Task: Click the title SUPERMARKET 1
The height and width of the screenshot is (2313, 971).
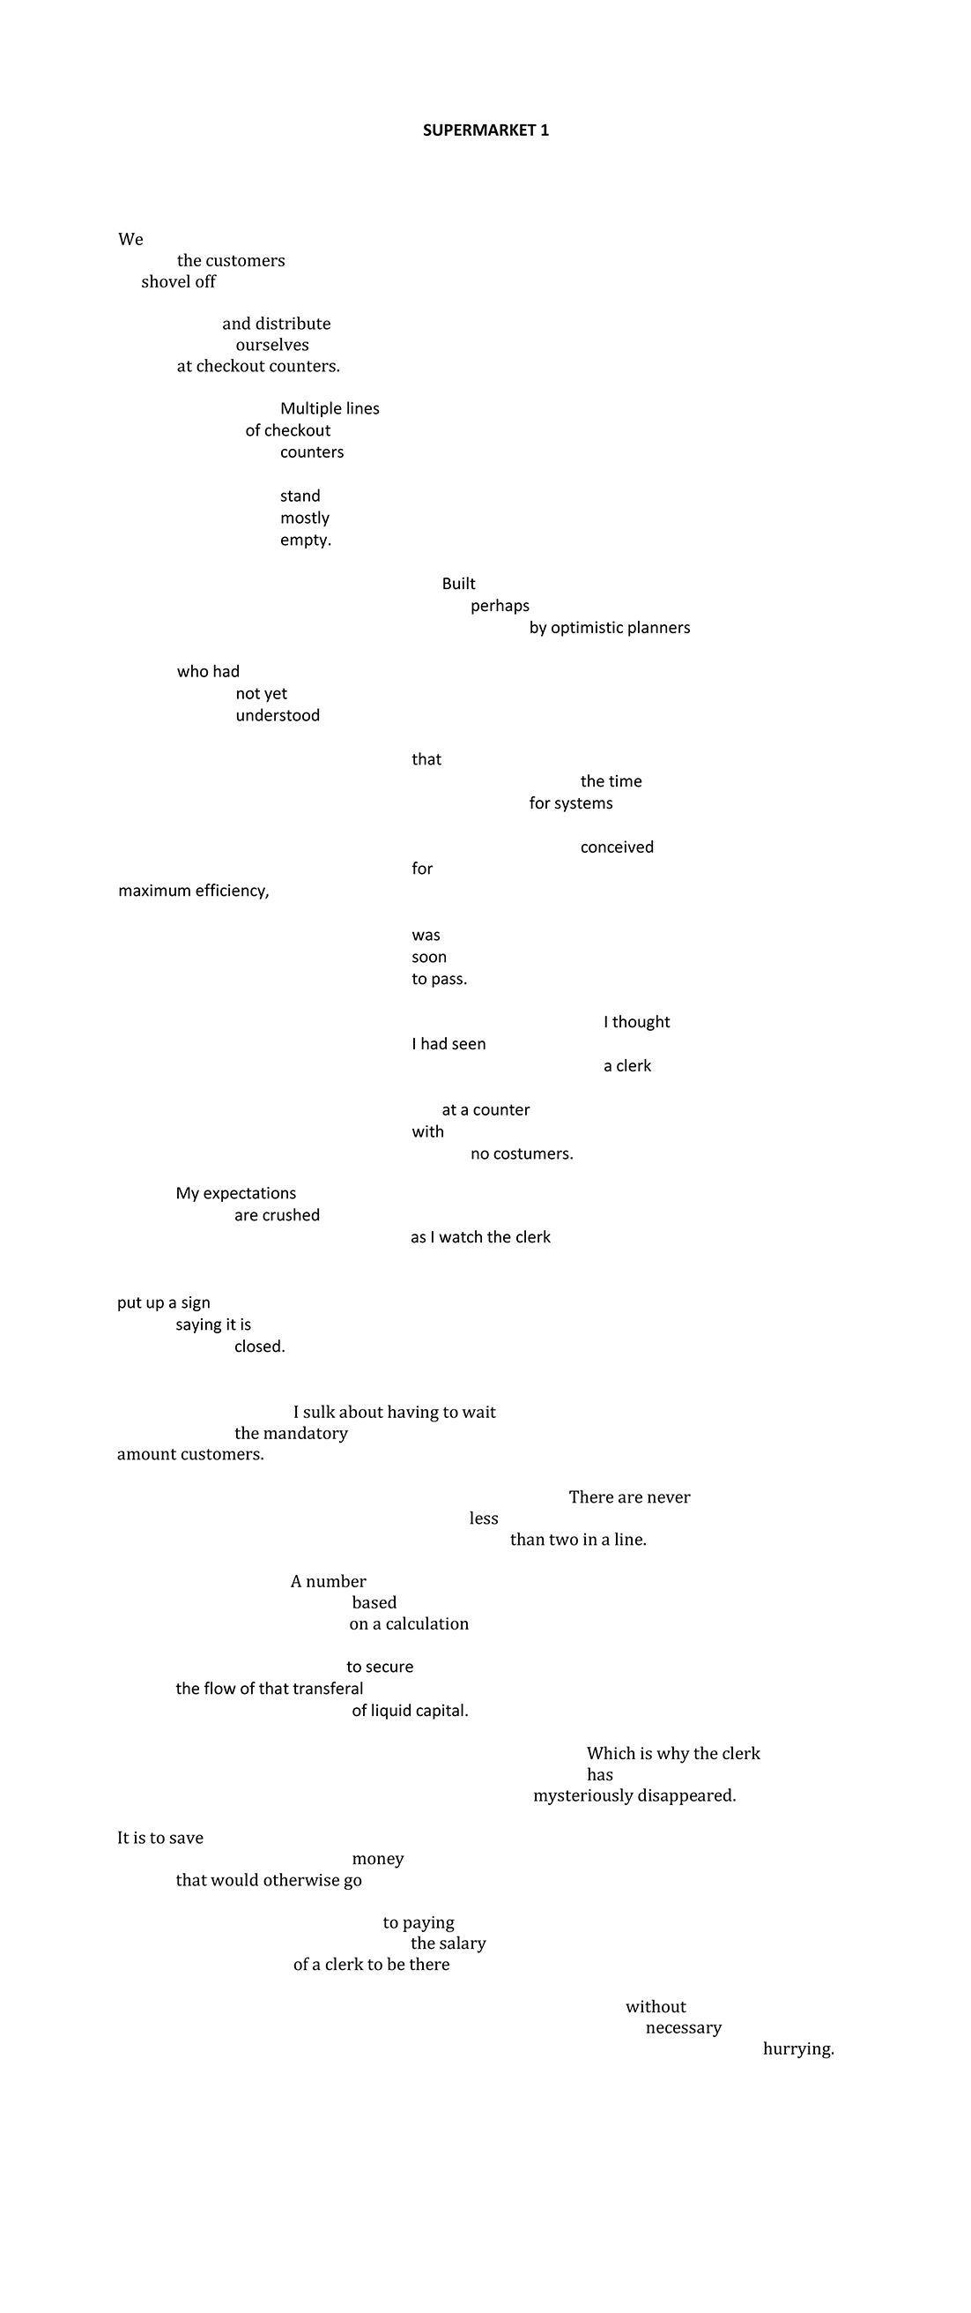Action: pos(485,131)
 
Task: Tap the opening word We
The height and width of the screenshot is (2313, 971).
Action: pos(131,239)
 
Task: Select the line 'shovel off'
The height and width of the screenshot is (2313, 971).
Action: pos(179,281)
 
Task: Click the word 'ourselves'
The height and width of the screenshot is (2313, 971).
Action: pos(272,345)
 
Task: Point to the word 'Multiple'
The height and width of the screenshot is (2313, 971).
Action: pos(307,408)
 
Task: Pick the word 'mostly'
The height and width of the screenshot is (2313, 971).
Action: pos(305,519)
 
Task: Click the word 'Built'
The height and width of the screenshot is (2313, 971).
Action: pos(458,584)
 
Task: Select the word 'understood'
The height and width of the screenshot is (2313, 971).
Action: pos(278,716)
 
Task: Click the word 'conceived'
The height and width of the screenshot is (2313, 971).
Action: pos(618,847)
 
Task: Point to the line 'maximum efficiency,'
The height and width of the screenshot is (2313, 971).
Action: pos(194,891)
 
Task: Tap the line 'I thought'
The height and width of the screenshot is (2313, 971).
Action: pos(637,1022)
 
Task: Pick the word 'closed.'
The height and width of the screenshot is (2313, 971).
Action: pos(259,1347)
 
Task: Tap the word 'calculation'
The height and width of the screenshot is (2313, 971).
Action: pos(427,1623)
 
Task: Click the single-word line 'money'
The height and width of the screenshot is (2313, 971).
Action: pos(378,1859)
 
